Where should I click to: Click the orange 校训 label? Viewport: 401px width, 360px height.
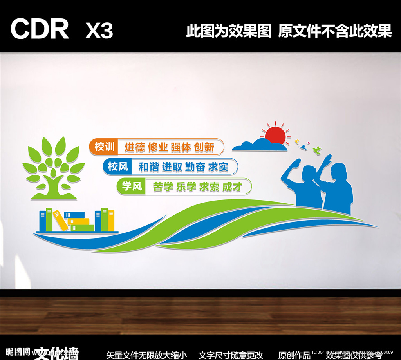pos(105,147)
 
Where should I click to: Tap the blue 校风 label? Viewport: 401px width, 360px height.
pos(118,167)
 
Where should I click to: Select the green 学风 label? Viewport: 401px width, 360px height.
pos(131,186)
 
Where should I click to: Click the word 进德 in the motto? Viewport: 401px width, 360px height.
pos(135,147)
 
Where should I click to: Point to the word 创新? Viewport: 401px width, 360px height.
pos(204,147)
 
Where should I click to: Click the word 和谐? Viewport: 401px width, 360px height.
pos(149,167)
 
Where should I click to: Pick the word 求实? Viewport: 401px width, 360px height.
pos(218,167)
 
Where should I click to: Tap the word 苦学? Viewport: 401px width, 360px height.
pos(163,187)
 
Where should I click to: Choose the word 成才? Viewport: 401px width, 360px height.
pos(231,187)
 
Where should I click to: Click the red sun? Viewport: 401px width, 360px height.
pos(275,135)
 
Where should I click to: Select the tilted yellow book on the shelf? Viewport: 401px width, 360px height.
pos(60,221)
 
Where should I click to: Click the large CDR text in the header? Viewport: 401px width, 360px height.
pos(40,29)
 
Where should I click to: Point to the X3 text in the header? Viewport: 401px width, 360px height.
pos(99,30)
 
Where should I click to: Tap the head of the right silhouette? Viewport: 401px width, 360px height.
pos(338,171)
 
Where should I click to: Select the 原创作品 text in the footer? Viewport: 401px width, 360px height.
pos(294,355)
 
